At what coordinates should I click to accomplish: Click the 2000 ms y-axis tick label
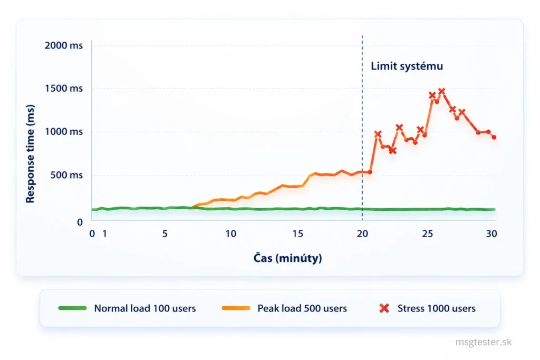64,45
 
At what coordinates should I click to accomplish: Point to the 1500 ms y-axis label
64,89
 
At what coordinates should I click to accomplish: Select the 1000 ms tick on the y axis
64,131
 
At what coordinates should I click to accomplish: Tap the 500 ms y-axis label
66,175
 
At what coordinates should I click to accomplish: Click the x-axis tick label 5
165,233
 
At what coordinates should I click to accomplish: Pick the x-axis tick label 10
231,233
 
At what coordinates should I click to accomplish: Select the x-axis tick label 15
297,233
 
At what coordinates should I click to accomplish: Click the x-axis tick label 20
362,233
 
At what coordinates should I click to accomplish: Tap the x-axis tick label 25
427,233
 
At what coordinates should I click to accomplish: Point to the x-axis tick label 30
491,233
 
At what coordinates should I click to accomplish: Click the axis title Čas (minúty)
287,258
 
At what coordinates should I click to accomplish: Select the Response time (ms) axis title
30,154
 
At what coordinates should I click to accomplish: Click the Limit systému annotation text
407,66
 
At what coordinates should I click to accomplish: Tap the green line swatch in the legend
72,308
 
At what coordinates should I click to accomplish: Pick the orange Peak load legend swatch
236,308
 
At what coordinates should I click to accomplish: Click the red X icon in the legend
384,308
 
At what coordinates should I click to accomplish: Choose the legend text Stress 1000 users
436,308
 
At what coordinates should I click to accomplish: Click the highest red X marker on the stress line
441,91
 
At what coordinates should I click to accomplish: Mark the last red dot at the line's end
494,137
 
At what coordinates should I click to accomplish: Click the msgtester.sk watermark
483,342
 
